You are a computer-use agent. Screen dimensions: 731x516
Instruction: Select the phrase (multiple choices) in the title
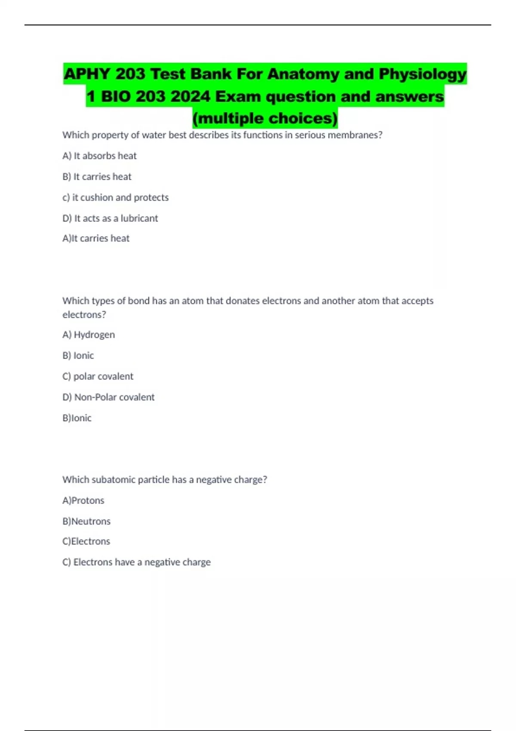(x=265, y=118)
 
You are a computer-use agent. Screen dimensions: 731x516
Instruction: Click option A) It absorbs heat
(x=99, y=156)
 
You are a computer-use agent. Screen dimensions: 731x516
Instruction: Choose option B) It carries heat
(x=97, y=177)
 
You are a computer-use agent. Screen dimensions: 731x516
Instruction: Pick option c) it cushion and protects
(x=115, y=197)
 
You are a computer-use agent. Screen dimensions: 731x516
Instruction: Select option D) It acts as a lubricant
(x=110, y=218)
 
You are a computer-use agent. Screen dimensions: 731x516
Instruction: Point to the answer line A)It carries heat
(x=96, y=238)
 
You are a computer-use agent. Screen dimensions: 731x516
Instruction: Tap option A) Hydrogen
(x=89, y=335)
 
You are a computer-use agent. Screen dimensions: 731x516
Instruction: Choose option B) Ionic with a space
(x=78, y=356)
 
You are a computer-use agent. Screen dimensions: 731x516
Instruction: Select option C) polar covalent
(x=98, y=376)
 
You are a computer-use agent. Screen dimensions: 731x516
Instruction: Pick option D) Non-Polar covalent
(x=108, y=397)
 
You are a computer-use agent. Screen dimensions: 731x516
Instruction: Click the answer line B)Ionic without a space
(x=77, y=418)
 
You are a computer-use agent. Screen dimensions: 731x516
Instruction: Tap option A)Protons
(x=83, y=501)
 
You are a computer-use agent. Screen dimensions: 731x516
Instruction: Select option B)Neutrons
(x=86, y=521)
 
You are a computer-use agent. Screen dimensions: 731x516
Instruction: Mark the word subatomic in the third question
(x=114, y=480)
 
